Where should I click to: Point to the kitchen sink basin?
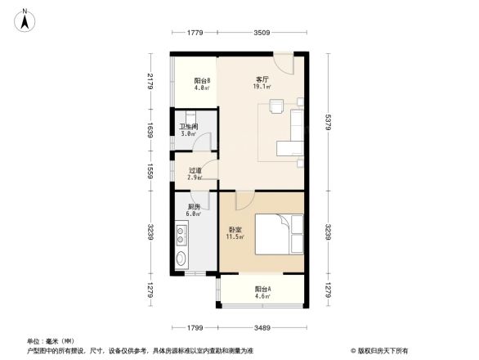click(181, 260)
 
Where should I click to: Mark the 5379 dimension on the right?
click(328, 124)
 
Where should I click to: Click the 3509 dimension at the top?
click(261, 33)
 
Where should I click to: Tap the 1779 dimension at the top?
click(194, 33)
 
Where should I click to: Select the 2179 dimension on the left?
click(150, 82)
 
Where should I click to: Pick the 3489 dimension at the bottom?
click(262, 328)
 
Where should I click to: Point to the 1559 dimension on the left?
click(150, 171)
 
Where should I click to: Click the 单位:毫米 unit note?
click(51, 341)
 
